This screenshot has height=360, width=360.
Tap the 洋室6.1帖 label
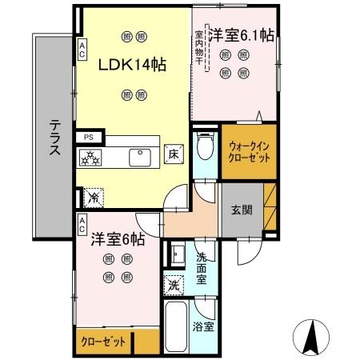tap(242, 36)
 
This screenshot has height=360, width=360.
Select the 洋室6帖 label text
tap(117, 238)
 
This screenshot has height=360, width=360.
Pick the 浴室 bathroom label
tap(203, 326)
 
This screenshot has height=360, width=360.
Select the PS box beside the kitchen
tap(87, 138)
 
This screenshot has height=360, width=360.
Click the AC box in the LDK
tap(82, 50)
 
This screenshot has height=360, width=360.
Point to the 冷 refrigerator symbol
tap(93, 194)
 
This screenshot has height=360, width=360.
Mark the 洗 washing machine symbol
tap(174, 284)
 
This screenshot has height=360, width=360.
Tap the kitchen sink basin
tap(142, 156)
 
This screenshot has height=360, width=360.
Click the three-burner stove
tap(91, 157)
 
